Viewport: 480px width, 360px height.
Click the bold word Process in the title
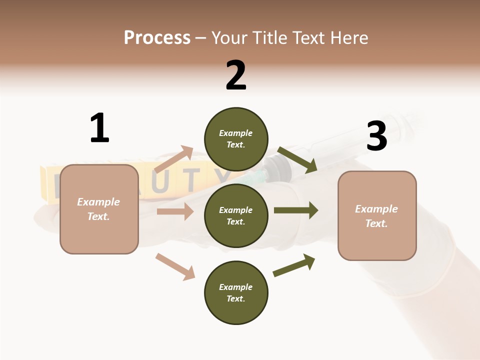(x=157, y=38)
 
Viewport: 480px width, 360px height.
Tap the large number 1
(x=99, y=128)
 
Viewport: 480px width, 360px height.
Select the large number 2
(x=235, y=75)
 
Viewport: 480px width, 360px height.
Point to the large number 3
(x=376, y=136)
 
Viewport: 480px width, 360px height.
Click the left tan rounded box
(x=99, y=209)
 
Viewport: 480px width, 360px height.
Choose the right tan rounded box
(x=377, y=215)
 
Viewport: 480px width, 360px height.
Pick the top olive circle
(x=236, y=139)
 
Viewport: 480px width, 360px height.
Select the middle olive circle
(x=236, y=215)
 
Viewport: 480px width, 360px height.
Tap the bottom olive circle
(x=236, y=292)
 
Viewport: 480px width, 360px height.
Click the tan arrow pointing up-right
(x=174, y=159)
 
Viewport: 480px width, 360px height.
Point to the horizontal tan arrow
(x=175, y=211)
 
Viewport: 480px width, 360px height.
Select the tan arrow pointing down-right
(x=175, y=266)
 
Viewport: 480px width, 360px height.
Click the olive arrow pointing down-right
(x=298, y=160)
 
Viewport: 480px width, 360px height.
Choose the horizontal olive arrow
(x=296, y=210)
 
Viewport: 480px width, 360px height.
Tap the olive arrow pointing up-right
(x=294, y=265)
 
